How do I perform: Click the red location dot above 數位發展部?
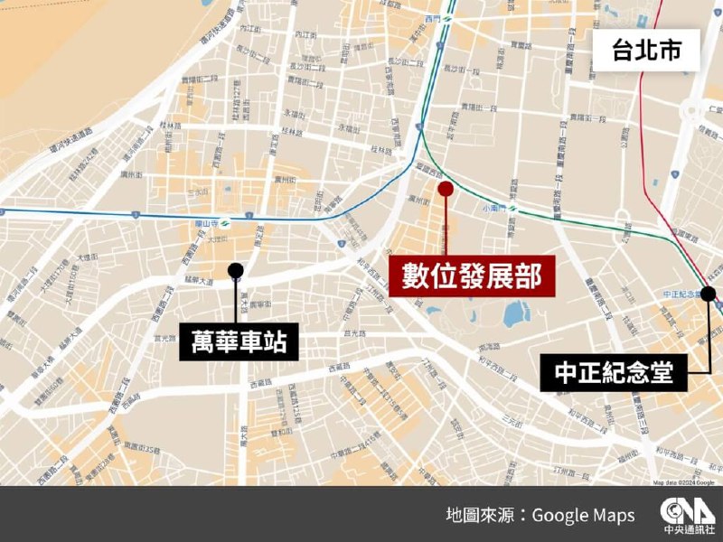click(445, 188)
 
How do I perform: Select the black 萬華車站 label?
click(239, 341)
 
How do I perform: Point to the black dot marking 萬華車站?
click(236, 269)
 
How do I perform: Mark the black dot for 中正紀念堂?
click(708, 293)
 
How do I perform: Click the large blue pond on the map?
click(516, 314)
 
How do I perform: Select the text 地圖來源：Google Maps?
click(540, 515)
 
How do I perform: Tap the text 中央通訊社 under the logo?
click(688, 530)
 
